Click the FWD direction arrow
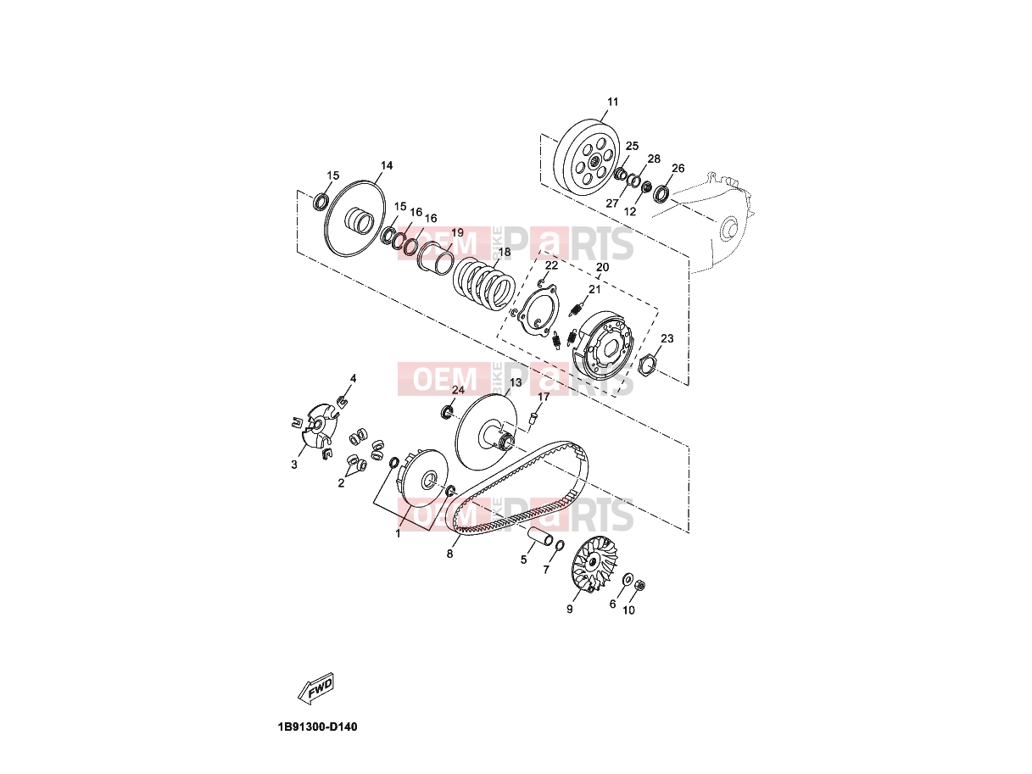[316, 688]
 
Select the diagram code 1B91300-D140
[317, 727]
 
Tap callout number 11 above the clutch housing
[612, 102]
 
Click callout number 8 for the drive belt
[450, 554]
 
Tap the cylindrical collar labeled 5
[542, 537]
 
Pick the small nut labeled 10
[640, 586]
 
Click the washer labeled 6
[628, 580]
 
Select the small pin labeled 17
[533, 418]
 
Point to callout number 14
[387, 165]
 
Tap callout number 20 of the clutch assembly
[602, 267]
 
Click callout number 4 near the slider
[353, 378]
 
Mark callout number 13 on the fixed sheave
[516, 382]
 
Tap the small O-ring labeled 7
[560, 545]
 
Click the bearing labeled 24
[447, 413]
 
